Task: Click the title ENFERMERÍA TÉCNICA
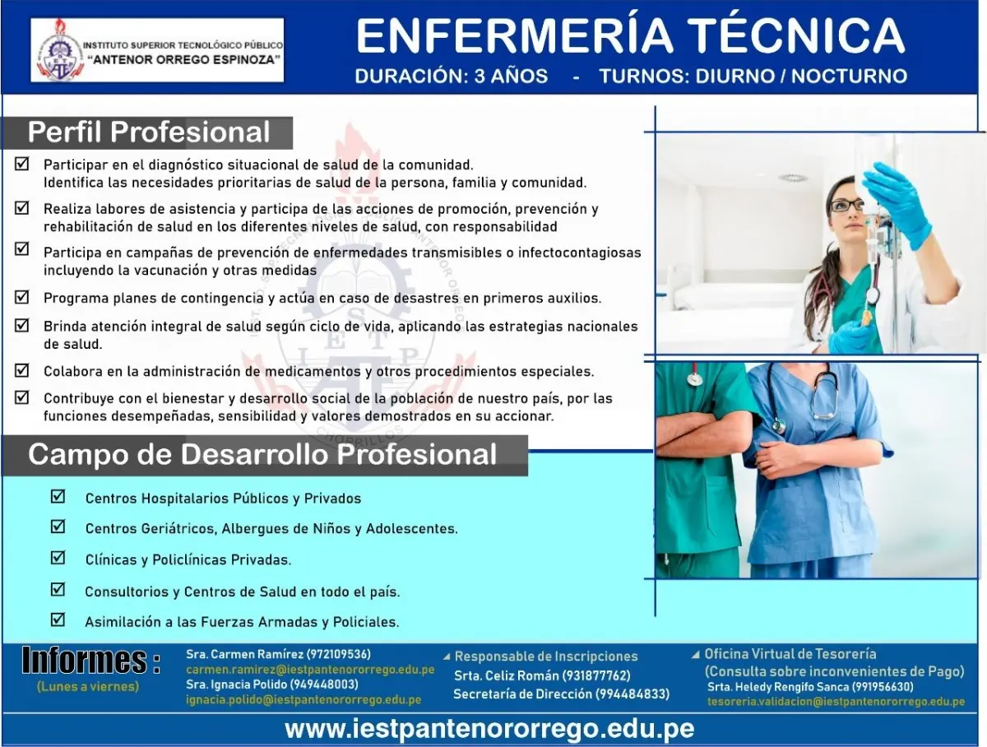[630, 35]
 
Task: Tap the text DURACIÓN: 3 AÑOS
[451, 77]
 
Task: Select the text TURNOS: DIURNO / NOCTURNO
[753, 77]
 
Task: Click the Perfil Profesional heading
[149, 132]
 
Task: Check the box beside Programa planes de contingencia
[22, 297]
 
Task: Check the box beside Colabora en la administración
[22, 371]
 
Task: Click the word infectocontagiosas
[568, 253]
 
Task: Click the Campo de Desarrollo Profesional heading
[262, 454]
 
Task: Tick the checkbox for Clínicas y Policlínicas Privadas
[58, 558]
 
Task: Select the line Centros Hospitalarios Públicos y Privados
[223, 499]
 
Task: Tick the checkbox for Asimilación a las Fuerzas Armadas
[58, 619]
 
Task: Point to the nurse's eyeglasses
[846, 205]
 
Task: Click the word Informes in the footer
[90, 661]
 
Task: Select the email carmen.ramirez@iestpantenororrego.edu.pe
[309, 670]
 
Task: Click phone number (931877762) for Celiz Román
[596, 675]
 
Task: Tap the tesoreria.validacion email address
[836, 702]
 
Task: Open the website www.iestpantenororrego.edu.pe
[489, 728]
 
